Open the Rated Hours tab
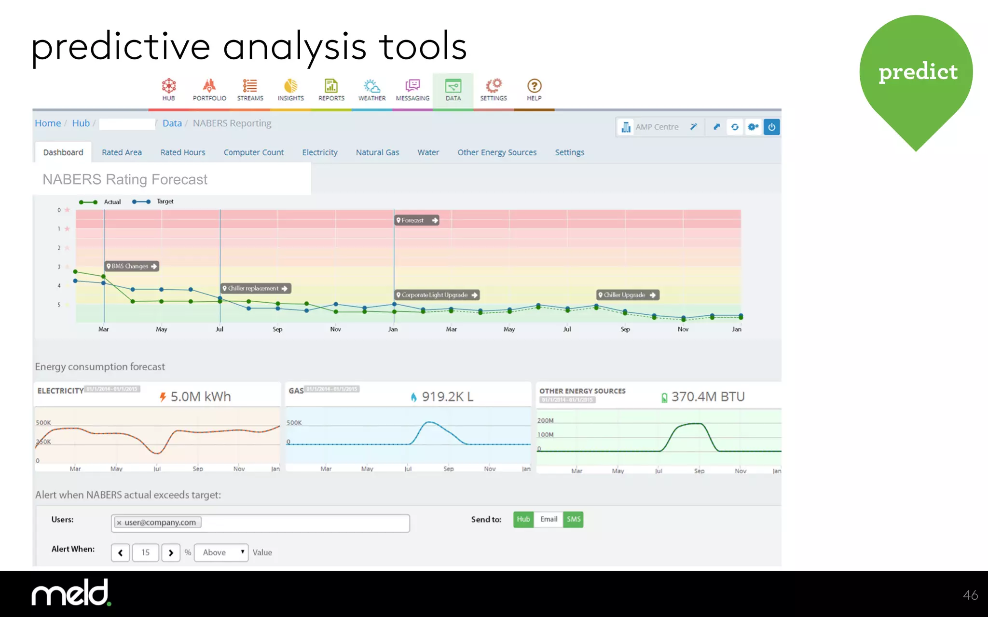tap(183, 152)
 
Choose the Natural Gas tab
tap(377, 152)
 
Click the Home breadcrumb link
tap(48, 123)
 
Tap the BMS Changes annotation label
tap(132, 266)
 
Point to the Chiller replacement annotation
tap(256, 288)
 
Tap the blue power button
tap(771, 127)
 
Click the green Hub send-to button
tap(523, 519)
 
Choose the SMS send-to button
tap(573, 519)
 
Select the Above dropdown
tap(221, 552)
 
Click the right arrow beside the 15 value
tap(171, 552)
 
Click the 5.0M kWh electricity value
tap(200, 397)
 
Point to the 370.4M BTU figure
tap(707, 397)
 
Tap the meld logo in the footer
tap(71, 593)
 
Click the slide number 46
tap(970, 595)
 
